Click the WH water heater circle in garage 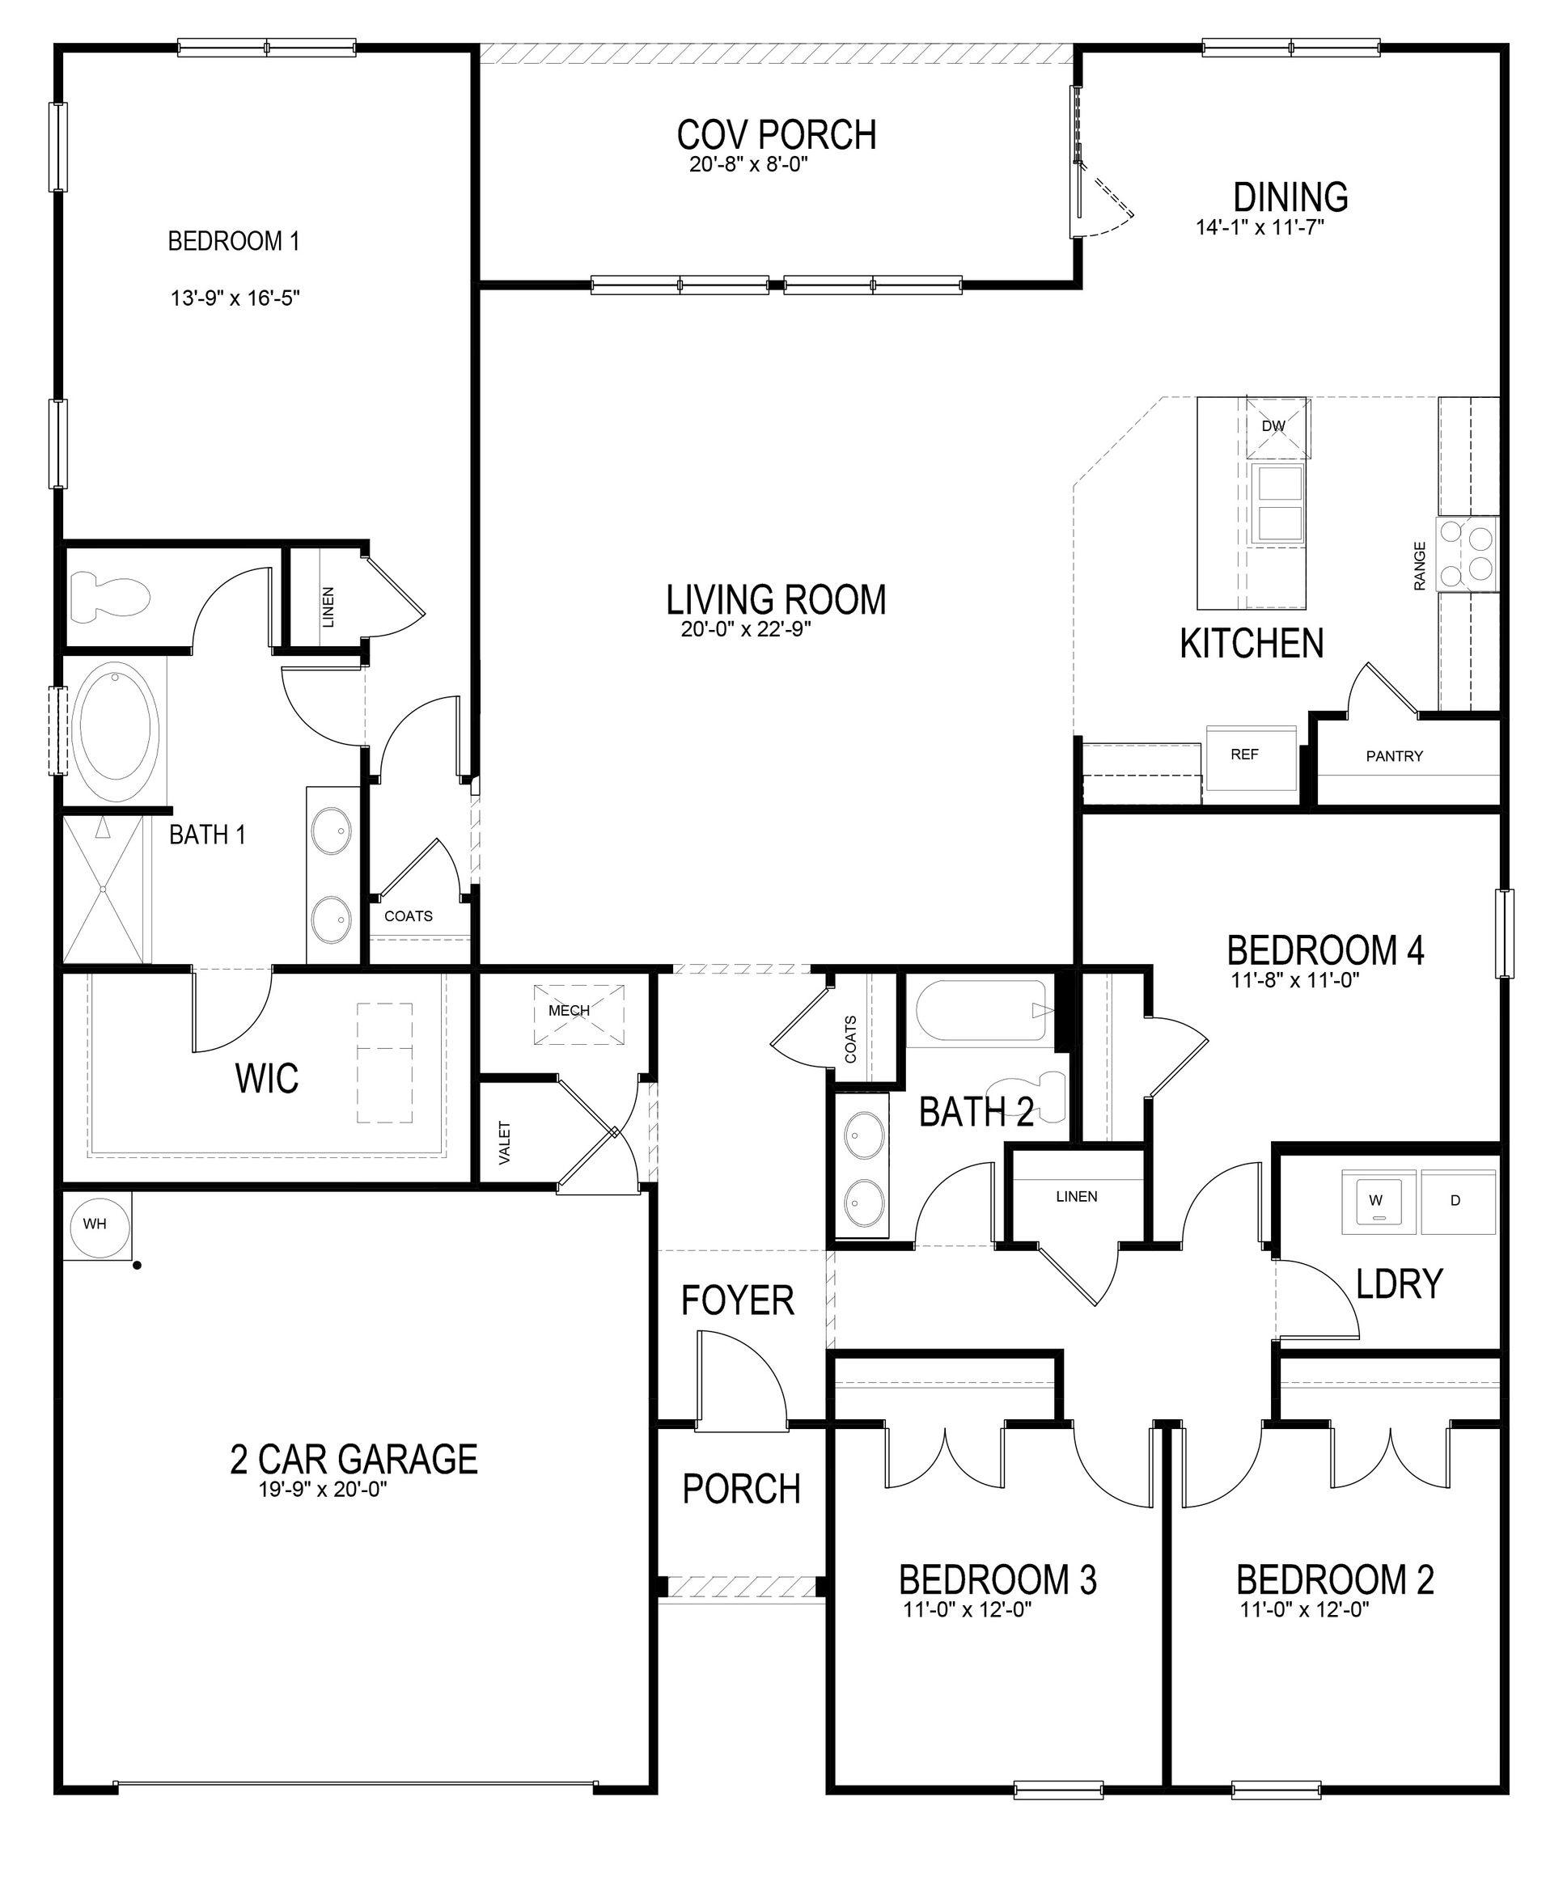click(x=95, y=1224)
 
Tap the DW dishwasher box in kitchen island click(x=1277, y=427)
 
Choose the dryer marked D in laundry click(x=1455, y=1200)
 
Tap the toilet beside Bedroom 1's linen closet click(x=108, y=597)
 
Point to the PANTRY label click(x=1394, y=756)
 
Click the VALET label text click(x=505, y=1142)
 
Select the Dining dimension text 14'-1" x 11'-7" click(x=1259, y=228)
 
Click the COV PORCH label click(x=776, y=135)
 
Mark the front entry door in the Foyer click(x=741, y=1373)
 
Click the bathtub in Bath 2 click(x=980, y=1011)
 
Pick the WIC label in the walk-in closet click(x=266, y=1079)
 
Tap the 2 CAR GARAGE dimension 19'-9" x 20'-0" click(x=322, y=1489)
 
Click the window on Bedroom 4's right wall click(x=1505, y=933)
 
